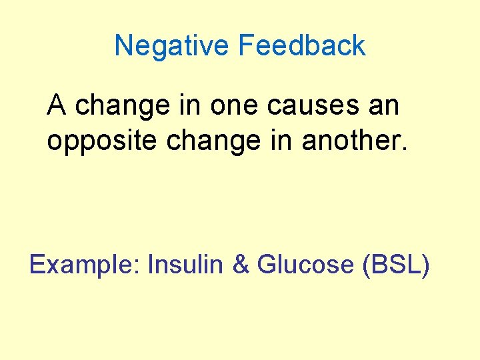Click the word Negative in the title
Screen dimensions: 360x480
click(x=173, y=46)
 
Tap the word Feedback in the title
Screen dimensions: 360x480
click(x=301, y=46)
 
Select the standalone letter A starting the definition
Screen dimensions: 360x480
click(x=56, y=105)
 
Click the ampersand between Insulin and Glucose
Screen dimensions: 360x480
click(x=240, y=265)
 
